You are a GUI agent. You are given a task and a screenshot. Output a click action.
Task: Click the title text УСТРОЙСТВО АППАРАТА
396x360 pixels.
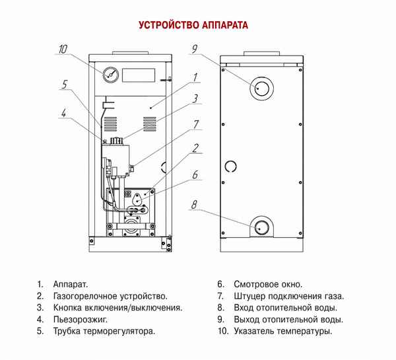click(x=193, y=26)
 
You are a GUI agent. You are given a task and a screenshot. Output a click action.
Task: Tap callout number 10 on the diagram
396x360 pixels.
click(x=63, y=49)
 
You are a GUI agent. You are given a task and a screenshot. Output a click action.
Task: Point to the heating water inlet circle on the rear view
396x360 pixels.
click(x=262, y=227)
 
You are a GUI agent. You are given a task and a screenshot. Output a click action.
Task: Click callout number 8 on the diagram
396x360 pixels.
click(x=194, y=205)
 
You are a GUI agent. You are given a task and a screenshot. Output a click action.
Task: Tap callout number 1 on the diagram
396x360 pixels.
click(x=196, y=78)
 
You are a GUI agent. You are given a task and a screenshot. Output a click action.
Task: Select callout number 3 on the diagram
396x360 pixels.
click(x=196, y=99)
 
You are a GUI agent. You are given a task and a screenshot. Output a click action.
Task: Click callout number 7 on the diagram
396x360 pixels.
click(x=196, y=124)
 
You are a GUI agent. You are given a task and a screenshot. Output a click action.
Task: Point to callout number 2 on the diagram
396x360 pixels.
click(x=196, y=147)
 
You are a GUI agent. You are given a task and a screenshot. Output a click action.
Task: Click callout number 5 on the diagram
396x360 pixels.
click(x=65, y=85)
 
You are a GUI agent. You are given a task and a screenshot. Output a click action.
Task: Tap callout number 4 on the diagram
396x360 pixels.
click(x=63, y=112)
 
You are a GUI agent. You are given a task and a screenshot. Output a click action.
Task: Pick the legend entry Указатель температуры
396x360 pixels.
click(x=282, y=331)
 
